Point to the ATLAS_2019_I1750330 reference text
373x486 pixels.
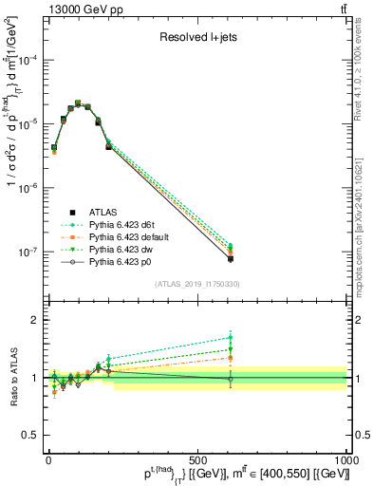[196, 284]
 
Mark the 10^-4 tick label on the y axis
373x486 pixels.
[28, 60]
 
